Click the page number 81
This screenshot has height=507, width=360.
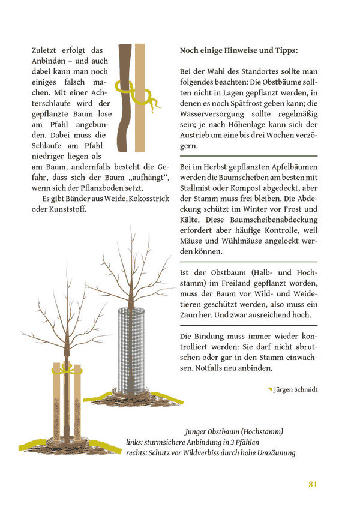[312, 484]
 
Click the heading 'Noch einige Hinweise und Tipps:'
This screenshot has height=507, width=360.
[238, 51]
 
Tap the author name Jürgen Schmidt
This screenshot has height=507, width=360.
[295, 389]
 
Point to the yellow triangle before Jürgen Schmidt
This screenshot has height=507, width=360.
[270, 389]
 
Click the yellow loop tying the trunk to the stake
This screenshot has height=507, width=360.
[127, 88]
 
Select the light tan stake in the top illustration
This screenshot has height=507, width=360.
[140, 102]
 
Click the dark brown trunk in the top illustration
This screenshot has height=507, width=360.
[125, 120]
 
